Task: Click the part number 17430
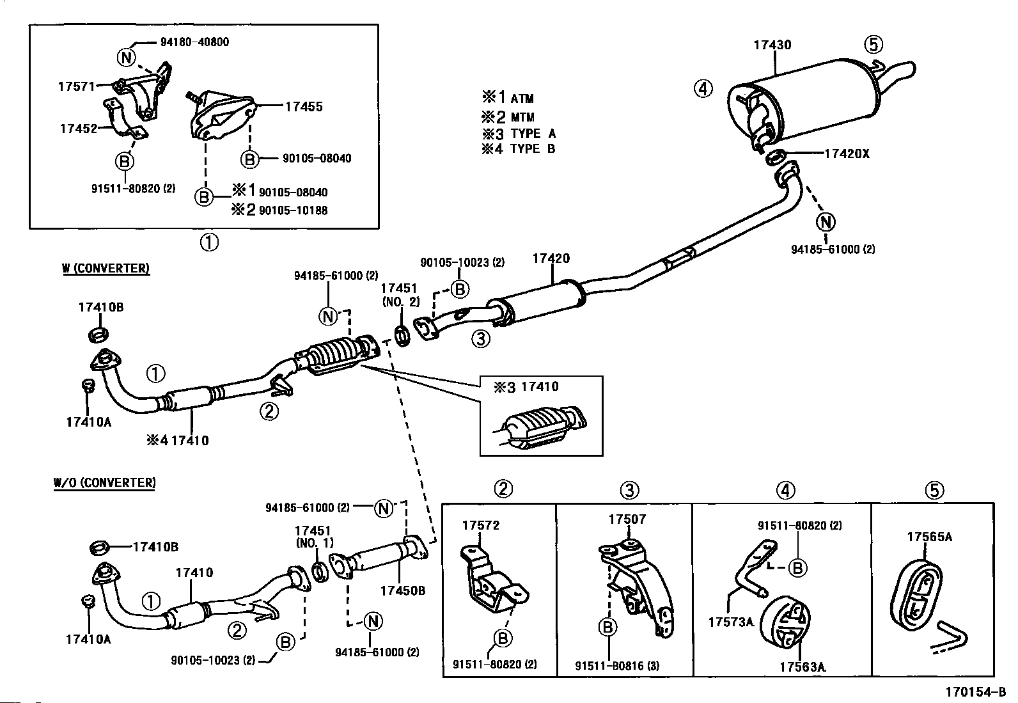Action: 772,45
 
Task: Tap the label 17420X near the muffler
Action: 847,154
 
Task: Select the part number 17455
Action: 304,107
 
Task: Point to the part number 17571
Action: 77,86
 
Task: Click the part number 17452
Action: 78,129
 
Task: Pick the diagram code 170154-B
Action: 976,691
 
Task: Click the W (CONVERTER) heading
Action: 106,269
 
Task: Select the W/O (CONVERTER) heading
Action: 104,482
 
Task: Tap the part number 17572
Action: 481,525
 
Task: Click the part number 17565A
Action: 929,537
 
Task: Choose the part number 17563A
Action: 802,666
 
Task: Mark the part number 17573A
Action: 731,621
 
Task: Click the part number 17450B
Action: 403,590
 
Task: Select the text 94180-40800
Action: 194,42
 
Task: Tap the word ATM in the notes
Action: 522,99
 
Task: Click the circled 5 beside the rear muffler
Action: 873,44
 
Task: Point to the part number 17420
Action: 551,259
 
